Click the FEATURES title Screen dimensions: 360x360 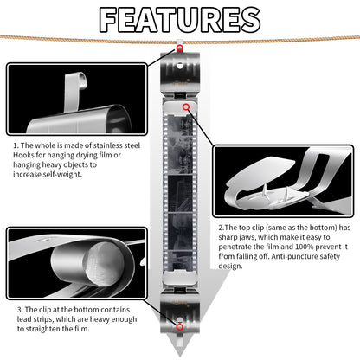point(180,20)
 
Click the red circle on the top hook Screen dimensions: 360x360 point(179,48)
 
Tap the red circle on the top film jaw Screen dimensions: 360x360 point(186,107)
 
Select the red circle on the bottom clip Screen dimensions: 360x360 point(179,327)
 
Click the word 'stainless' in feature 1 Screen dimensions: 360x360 point(108,145)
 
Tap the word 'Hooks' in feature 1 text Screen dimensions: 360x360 point(23,155)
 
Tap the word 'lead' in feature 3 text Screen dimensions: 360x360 point(22,319)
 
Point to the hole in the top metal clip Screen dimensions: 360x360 point(180,66)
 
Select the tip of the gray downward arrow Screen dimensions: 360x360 point(180,357)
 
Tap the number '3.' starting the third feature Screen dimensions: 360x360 point(20,310)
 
